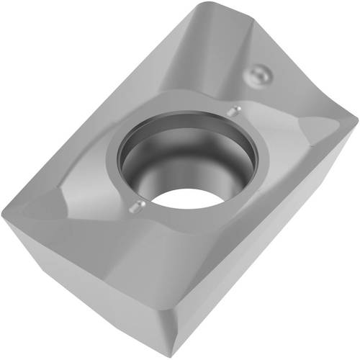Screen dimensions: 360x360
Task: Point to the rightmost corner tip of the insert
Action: (x=356, y=116)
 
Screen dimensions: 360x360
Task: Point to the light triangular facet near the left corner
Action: (x=43, y=209)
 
